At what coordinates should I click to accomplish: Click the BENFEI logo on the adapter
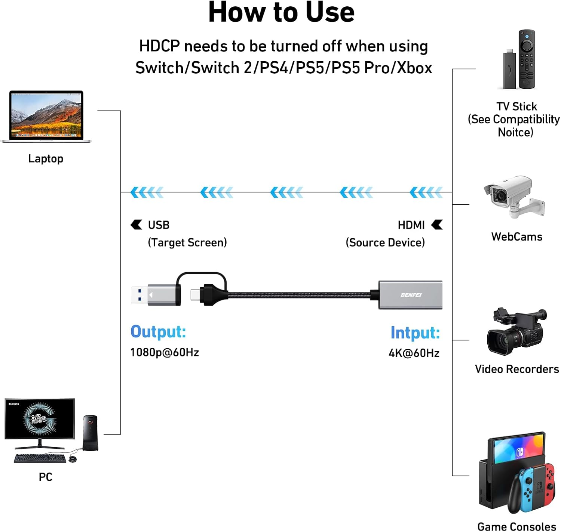point(411,295)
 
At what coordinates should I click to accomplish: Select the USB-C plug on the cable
point(195,295)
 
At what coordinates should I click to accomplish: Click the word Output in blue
point(158,332)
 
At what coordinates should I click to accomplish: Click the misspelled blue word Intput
point(415,332)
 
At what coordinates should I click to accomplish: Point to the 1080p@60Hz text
point(165,352)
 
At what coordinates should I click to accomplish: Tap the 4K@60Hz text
point(414,353)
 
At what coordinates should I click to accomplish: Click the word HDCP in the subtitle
point(159,46)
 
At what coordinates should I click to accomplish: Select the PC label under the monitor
point(46,477)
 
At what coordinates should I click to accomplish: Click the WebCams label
point(516,236)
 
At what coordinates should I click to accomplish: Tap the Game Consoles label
point(516,526)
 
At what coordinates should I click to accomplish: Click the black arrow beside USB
point(137,225)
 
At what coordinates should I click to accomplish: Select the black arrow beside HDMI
point(437,225)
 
